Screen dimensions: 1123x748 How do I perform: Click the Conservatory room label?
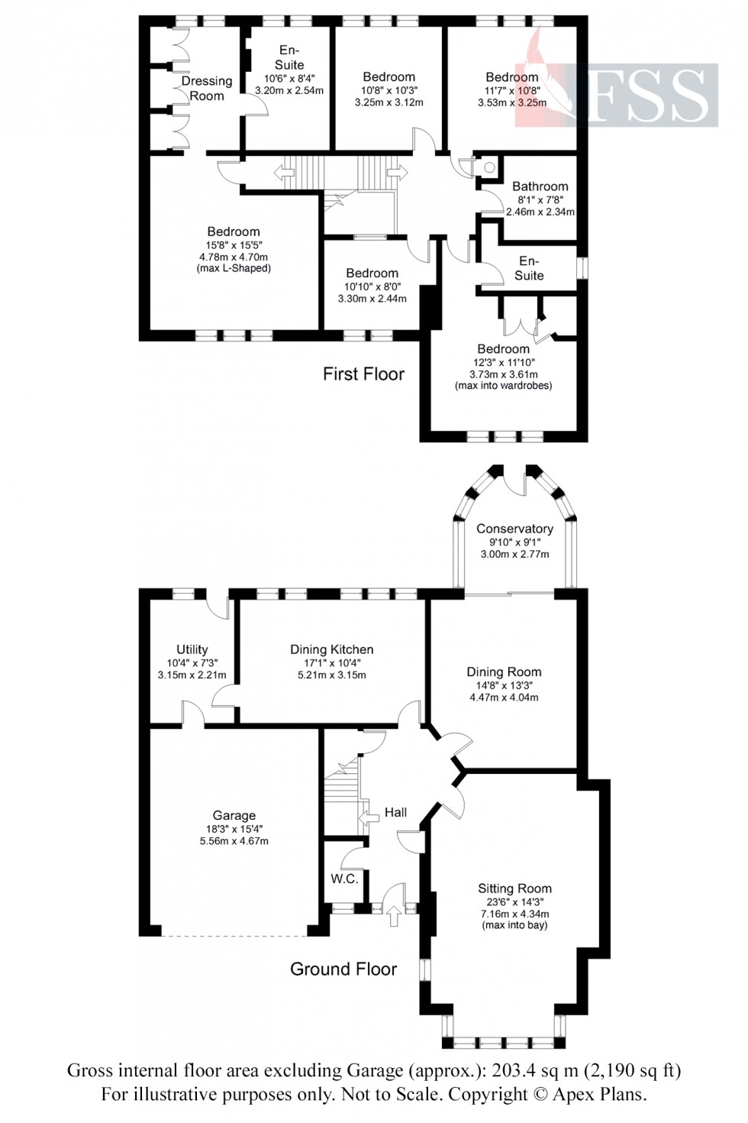pyautogui.click(x=514, y=529)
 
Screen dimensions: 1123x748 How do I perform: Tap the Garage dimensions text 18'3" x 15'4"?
pyautogui.click(x=234, y=829)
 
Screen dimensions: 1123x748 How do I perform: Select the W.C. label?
pyautogui.click(x=344, y=879)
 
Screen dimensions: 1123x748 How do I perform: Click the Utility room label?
pyautogui.click(x=192, y=649)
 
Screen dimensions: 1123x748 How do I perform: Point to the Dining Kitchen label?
pyautogui.click(x=331, y=649)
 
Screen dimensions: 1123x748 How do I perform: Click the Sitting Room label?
pyautogui.click(x=514, y=888)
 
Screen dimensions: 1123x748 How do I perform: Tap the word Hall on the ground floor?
pyautogui.click(x=395, y=812)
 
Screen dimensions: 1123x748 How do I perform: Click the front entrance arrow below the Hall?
pyautogui.click(x=394, y=914)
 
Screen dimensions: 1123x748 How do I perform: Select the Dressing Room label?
pyautogui.click(x=207, y=88)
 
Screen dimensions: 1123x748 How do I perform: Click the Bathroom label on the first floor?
pyautogui.click(x=540, y=186)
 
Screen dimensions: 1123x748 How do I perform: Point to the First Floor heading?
pyautogui.click(x=363, y=374)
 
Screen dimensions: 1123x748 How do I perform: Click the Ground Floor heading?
pyautogui.click(x=343, y=969)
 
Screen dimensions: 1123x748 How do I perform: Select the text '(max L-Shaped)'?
pyautogui.click(x=234, y=268)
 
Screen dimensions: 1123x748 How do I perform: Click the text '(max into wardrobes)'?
pyautogui.click(x=503, y=386)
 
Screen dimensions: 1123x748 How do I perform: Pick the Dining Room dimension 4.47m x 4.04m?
pyautogui.click(x=503, y=697)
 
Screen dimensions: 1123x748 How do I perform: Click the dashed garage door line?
pyautogui.click(x=235, y=936)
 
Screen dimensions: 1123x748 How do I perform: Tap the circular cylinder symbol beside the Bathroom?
pyautogui.click(x=489, y=167)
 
